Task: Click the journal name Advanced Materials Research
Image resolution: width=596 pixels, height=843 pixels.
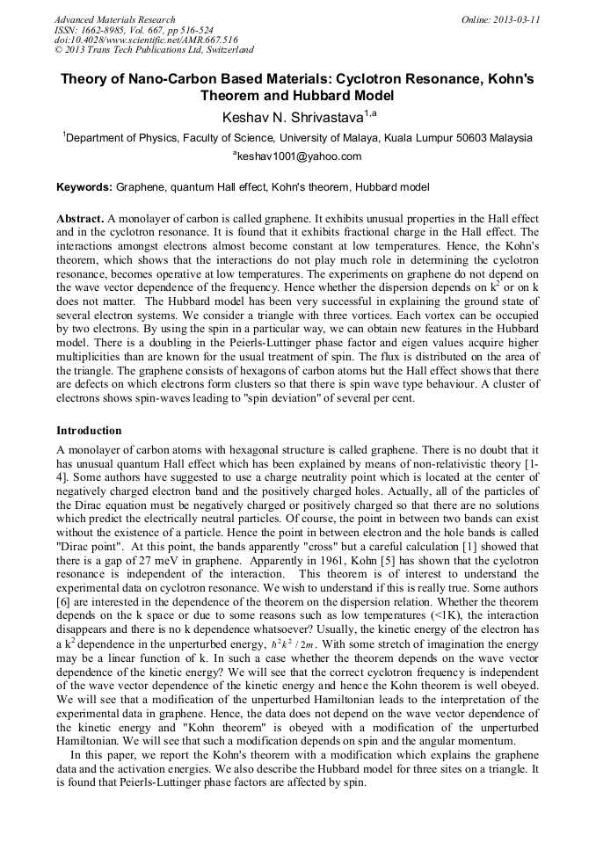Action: click(x=114, y=19)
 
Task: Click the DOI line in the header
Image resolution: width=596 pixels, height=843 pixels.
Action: click(x=146, y=40)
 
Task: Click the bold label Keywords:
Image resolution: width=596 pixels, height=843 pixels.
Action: click(x=84, y=187)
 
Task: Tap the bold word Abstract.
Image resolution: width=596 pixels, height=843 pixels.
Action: click(x=80, y=217)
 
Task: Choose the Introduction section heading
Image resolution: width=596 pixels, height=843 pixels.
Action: click(x=89, y=431)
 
